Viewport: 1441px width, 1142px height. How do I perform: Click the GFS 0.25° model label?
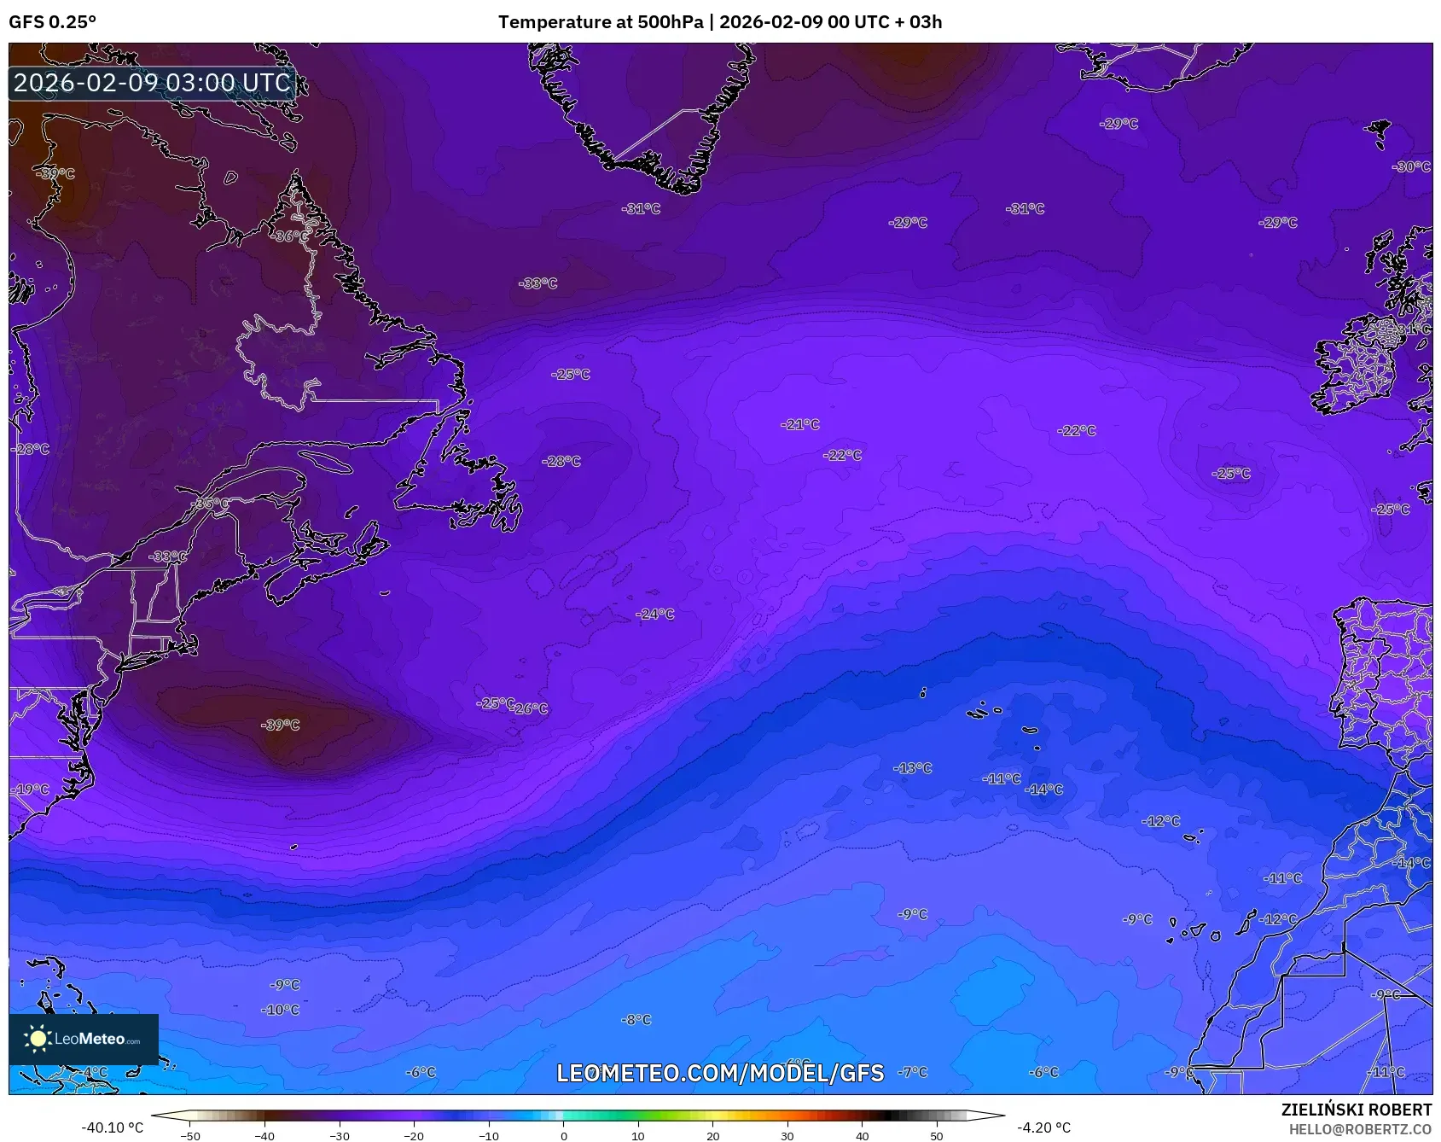pos(52,22)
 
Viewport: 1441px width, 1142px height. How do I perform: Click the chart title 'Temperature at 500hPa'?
pos(601,22)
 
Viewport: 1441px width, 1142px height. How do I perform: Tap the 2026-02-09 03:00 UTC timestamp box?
pos(152,83)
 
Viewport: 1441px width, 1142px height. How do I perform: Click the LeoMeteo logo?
pos(84,1039)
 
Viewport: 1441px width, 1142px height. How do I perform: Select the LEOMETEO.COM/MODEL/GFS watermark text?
pos(720,1073)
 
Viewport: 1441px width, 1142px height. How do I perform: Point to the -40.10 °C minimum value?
pos(112,1127)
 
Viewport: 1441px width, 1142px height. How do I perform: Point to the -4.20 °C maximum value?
pos(1043,1127)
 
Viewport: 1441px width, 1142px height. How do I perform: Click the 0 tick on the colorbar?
pos(563,1136)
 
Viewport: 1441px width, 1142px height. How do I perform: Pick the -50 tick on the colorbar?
pos(190,1136)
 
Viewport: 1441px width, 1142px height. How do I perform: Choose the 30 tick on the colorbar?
pos(787,1136)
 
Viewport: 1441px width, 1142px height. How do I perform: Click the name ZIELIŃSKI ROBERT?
pos(1356,1110)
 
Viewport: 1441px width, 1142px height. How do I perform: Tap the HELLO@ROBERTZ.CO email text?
pos(1360,1129)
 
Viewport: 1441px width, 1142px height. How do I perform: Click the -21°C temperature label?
pos(800,424)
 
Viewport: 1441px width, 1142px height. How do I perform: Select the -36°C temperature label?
pos(291,236)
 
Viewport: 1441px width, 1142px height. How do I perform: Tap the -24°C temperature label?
pos(655,614)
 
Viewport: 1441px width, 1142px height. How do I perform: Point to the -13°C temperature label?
pos(913,768)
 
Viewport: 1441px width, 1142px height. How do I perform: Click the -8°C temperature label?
pos(636,1019)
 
